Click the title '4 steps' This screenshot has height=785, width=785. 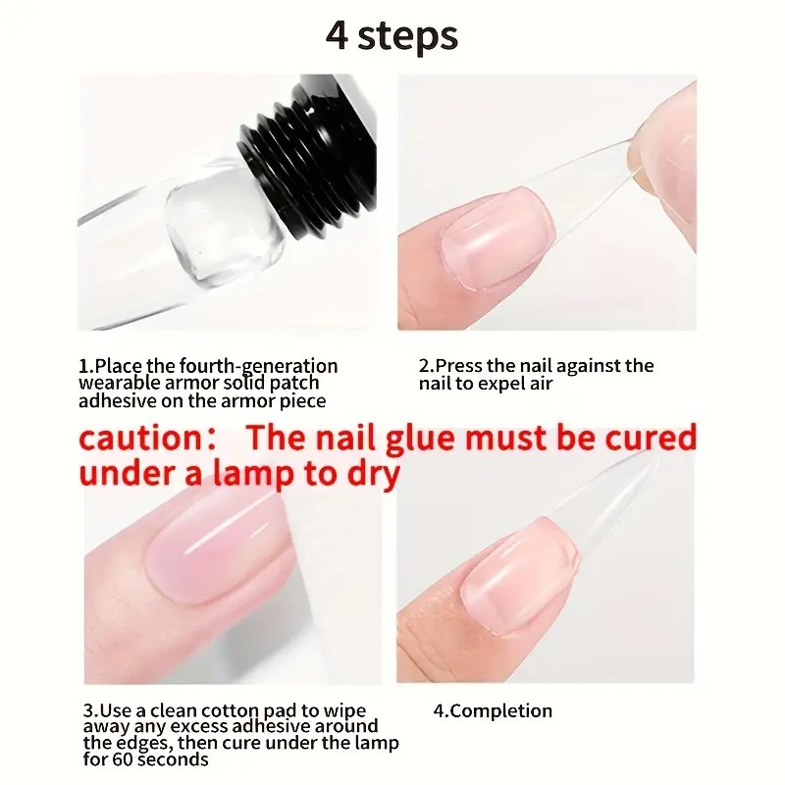tap(392, 36)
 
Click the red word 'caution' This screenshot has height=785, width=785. tap(140, 438)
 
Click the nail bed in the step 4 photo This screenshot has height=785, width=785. tap(518, 576)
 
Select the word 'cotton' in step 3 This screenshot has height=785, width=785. tap(230, 710)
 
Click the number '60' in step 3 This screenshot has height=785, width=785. tap(124, 759)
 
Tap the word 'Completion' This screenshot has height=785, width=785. tap(501, 711)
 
